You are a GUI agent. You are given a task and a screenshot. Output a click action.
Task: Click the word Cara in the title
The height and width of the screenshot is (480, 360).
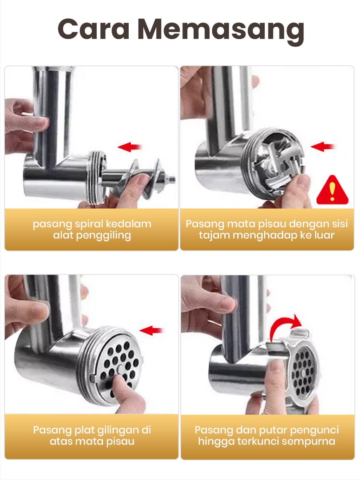pyautogui.click(x=94, y=29)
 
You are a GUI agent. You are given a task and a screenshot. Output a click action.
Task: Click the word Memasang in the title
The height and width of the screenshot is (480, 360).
pyautogui.click(x=221, y=32)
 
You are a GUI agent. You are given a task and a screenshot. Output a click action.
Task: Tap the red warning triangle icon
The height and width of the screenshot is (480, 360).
pyautogui.click(x=332, y=190)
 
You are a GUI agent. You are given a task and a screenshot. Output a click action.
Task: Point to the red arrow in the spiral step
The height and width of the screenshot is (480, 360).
pyautogui.click(x=130, y=147)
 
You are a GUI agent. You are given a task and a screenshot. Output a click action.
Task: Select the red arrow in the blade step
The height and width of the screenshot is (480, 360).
pyautogui.click(x=323, y=147)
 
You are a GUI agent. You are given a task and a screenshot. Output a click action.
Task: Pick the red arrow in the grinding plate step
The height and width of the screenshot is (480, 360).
pyautogui.click(x=151, y=331)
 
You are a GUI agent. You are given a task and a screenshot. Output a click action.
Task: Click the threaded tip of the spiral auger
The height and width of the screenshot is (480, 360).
pyautogui.click(x=172, y=179)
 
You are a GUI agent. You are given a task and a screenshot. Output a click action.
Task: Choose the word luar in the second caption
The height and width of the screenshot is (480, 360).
pyautogui.click(x=325, y=235)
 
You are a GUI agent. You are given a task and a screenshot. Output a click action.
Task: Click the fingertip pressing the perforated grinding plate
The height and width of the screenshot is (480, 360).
pyautogui.click(x=120, y=379)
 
